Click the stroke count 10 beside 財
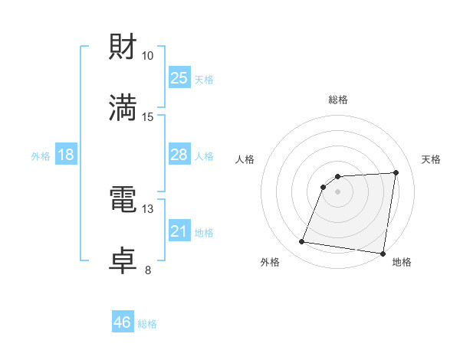click(148, 55)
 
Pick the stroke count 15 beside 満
click(148, 116)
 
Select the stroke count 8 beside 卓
click(148, 270)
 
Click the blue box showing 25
click(179, 77)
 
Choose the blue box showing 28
click(179, 155)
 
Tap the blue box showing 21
click(179, 231)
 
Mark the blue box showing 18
click(66, 155)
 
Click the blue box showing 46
click(122, 322)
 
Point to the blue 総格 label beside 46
click(147, 324)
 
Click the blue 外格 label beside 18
click(41, 155)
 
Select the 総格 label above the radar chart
click(338, 100)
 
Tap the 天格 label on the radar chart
click(432, 159)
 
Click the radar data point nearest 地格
click(383, 254)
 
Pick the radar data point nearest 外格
click(302, 242)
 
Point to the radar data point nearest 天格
click(396, 172)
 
